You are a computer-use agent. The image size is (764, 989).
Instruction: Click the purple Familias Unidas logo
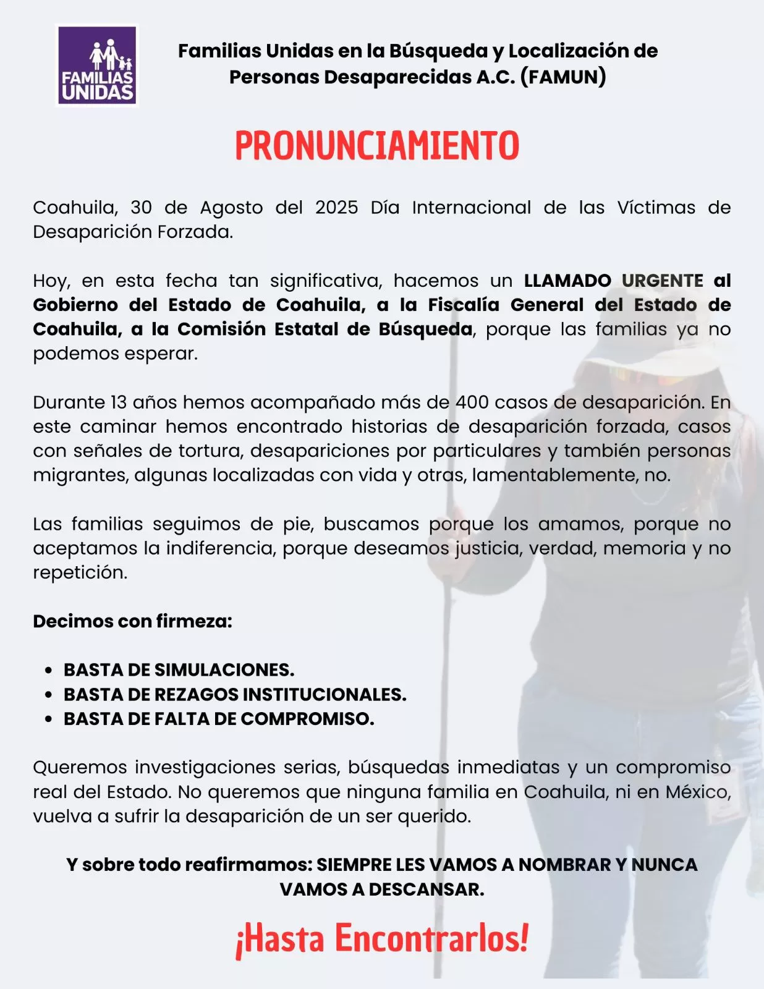[96, 66]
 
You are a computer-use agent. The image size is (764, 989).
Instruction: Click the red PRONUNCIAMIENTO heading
[377, 146]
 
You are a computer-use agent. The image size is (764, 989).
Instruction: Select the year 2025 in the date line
[336, 208]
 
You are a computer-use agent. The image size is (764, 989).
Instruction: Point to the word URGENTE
[662, 281]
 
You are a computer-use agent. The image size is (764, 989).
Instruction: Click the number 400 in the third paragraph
[472, 402]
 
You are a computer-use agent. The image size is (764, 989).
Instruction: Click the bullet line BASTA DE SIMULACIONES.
[179, 670]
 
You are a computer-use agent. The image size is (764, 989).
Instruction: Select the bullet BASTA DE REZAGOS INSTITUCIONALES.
[235, 695]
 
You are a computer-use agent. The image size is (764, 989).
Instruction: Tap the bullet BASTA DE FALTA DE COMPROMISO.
[219, 719]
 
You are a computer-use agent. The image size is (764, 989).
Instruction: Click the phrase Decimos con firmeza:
[132, 621]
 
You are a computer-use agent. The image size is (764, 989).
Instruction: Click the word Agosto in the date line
[231, 208]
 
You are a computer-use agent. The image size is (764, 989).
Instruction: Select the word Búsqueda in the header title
[438, 51]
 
